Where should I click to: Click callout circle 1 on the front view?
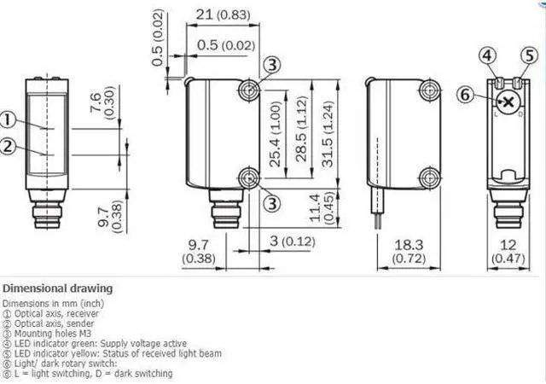tap(8, 119)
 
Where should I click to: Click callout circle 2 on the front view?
tap(8, 146)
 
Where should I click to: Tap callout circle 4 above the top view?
tap(487, 56)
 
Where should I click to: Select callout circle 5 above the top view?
tap(530, 56)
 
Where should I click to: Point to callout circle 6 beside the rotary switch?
tap(465, 96)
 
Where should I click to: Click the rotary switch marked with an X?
tap(509, 103)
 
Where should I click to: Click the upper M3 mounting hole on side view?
tap(249, 90)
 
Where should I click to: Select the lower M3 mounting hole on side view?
tap(249, 177)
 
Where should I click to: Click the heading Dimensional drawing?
tap(57, 288)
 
